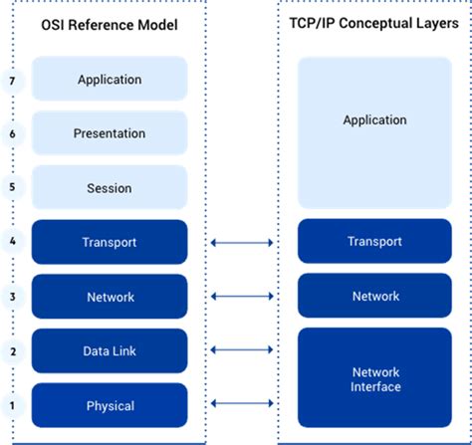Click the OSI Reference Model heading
point(109,25)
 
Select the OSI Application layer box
point(110,79)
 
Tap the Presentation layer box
point(110,133)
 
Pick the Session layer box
point(110,187)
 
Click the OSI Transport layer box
point(110,242)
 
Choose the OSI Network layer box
point(110,297)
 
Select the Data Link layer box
point(110,351)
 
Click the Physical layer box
point(110,405)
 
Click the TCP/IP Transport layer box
point(374,242)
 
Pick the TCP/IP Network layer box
point(374,297)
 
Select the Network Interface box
point(374,378)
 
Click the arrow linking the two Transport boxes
point(243,242)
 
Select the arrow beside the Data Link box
point(243,349)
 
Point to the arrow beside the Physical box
point(243,403)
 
